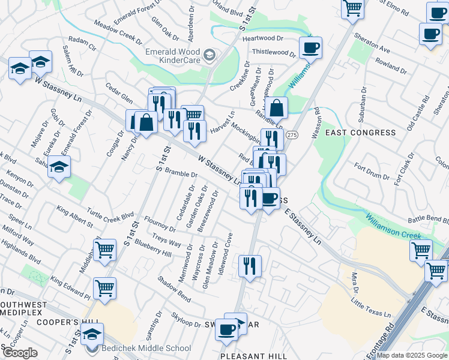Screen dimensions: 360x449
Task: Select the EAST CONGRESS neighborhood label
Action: tap(360, 132)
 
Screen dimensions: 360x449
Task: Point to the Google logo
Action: tap(20, 353)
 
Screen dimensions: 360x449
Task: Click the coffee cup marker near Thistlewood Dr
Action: tap(310, 47)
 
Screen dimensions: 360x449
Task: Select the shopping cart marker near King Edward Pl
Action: tap(105, 287)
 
